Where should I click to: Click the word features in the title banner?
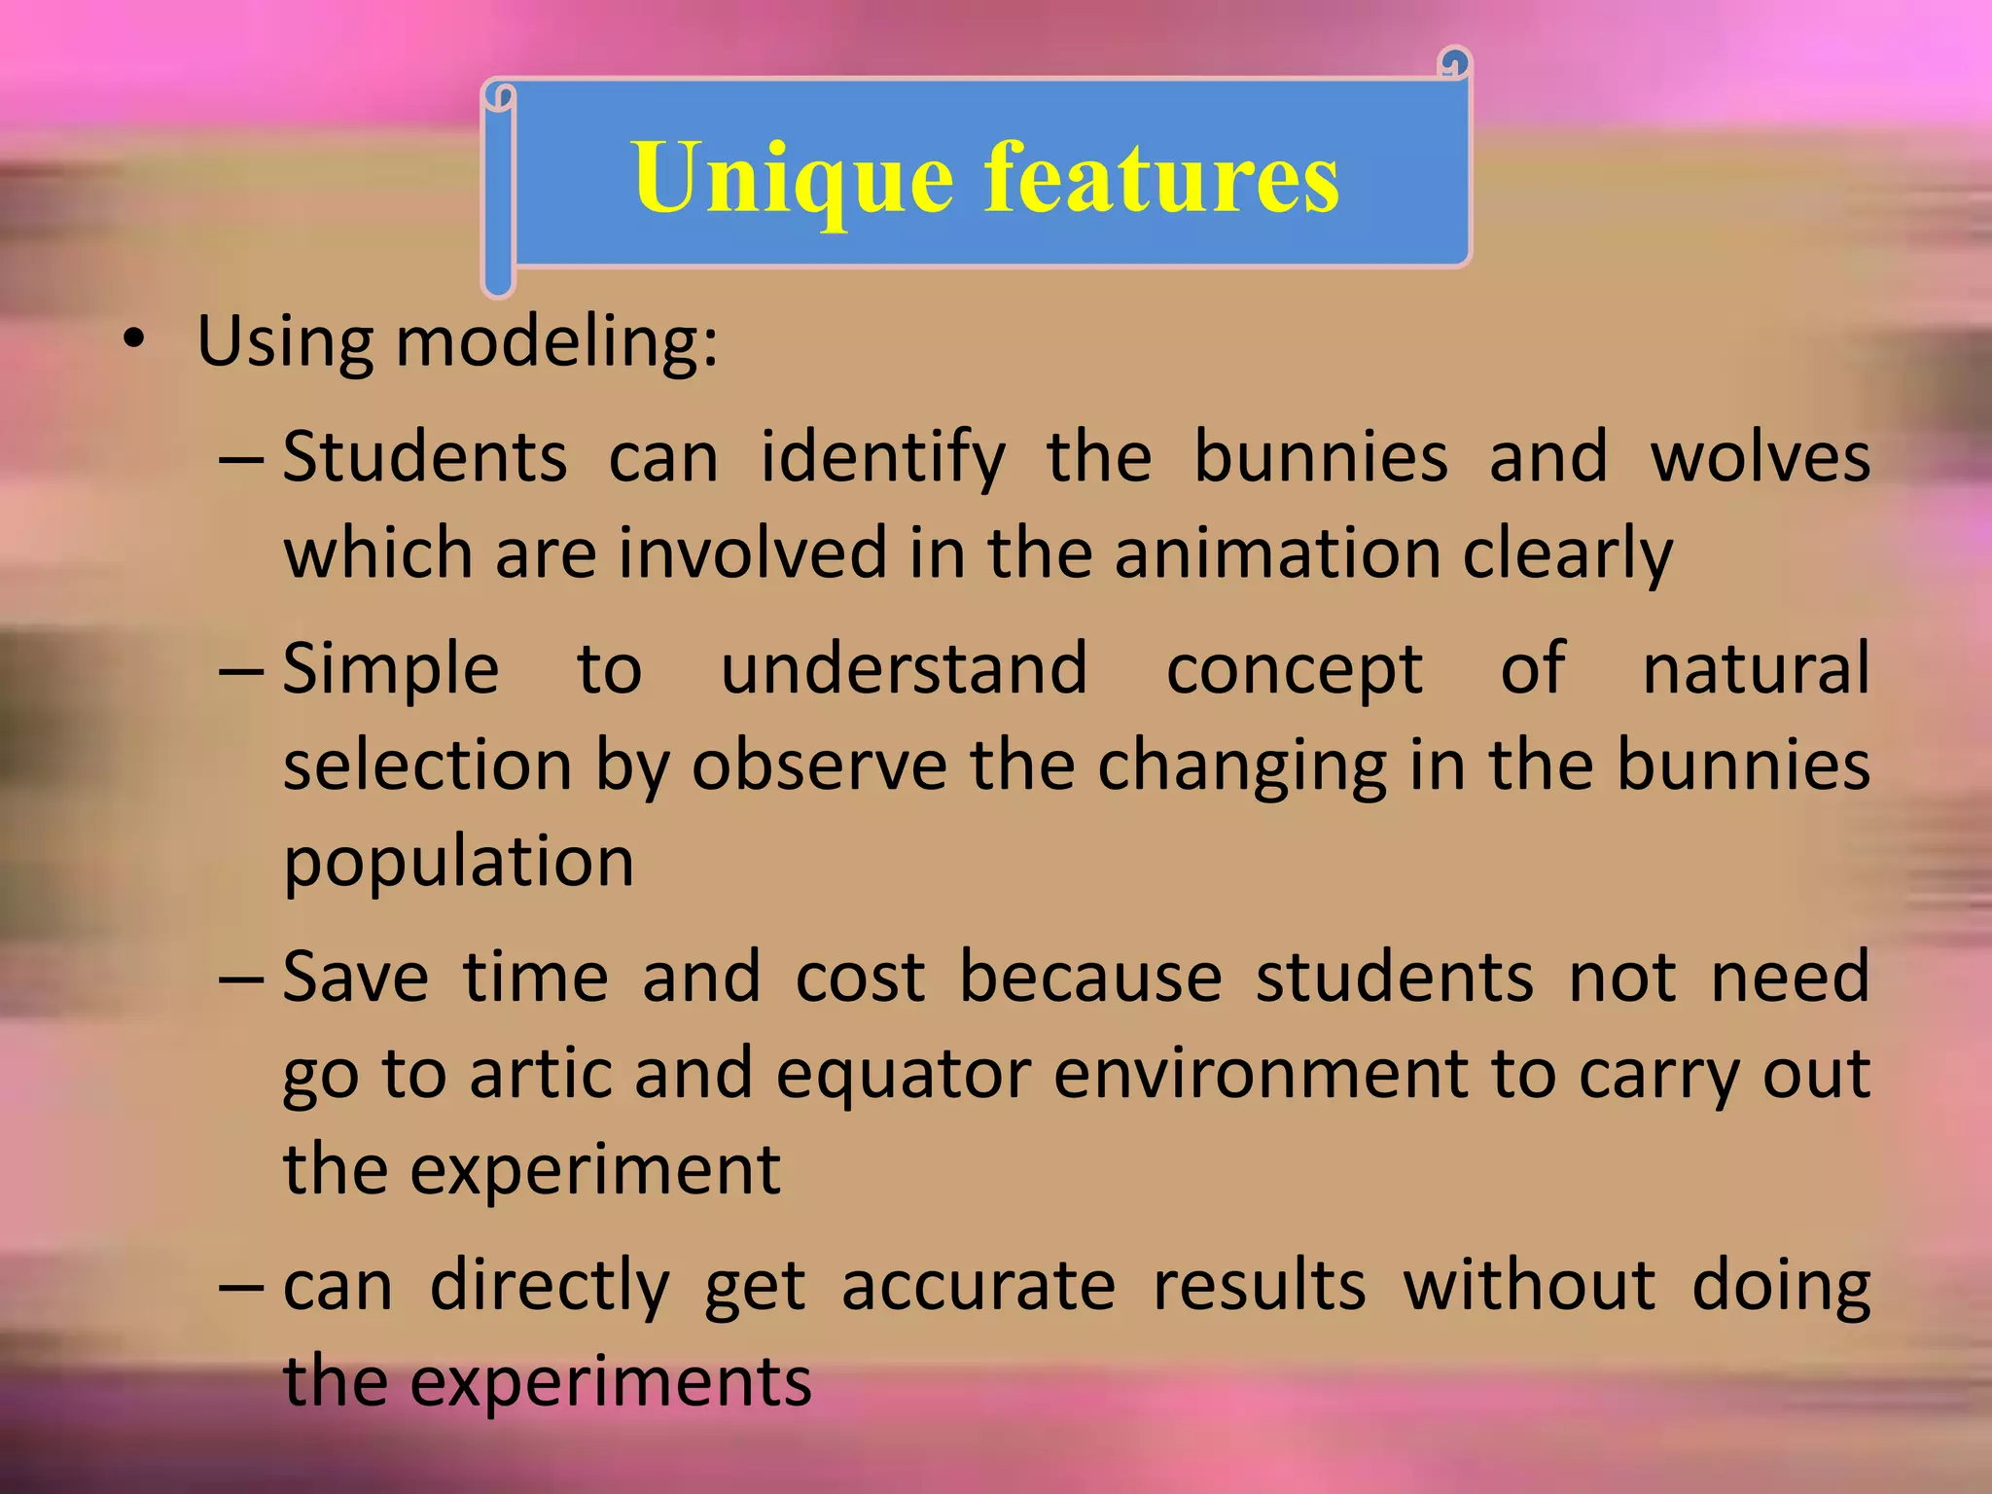pos(1161,177)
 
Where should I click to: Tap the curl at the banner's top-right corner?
pos(1453,64)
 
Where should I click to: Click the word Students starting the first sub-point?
pos(425,457)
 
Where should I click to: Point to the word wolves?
pos(1760,457)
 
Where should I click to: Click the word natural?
pos(1756,669)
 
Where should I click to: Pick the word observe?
pos(819,765)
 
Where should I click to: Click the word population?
pos(458,862)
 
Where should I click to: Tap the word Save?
pos(355,977)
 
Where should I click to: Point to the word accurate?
pos(978,1286)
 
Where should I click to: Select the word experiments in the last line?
pos(610,1381)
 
